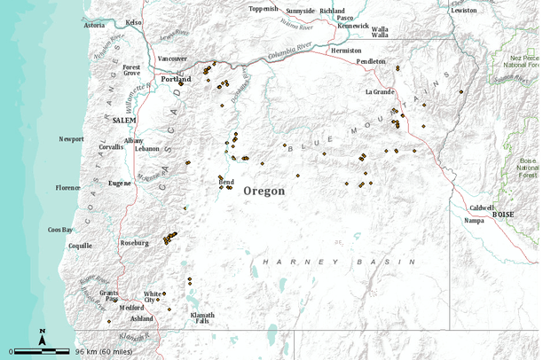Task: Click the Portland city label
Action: coord(176,79)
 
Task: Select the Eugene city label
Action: coord(120,183)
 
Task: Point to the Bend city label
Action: coord(226,181)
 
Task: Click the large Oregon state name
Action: coord(264,191)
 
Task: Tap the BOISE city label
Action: coord(503,215)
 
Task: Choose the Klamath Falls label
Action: coord(202,318)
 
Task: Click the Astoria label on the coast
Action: coord(94,25)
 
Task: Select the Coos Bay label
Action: coord(60,230)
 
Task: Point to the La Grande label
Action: coord(379,91)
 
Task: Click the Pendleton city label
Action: coord(371,61)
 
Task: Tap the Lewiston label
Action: coord(463,10)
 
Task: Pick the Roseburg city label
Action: coord(135,242)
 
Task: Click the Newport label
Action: coord(71,139)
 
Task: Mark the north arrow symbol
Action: coord(43,336)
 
